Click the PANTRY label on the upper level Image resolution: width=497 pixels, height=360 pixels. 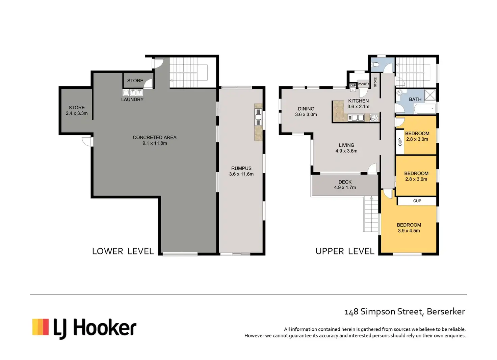[363, 84]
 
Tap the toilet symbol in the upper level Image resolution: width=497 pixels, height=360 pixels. [375, 65]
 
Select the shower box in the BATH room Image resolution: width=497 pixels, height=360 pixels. [430, 95]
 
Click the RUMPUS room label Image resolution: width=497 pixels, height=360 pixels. [241, 168]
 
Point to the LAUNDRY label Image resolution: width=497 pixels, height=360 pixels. [132, 100]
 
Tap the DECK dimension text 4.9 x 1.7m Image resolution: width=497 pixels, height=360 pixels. [345, 188]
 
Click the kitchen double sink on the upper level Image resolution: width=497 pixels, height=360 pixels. [356, 117]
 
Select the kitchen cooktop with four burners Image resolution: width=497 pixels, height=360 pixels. [374, 117]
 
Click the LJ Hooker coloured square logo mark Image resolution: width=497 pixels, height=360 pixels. [41, 327]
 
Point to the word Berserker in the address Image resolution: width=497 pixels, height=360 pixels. [446, 312]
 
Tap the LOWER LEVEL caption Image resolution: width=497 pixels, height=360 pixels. [123, 251]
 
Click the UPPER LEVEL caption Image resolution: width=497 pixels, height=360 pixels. [345, 251]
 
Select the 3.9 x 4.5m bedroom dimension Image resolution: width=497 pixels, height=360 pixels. [409, 231]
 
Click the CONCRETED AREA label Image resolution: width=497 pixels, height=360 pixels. [155, 137]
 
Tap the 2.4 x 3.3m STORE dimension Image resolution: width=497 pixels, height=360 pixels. [77, 113]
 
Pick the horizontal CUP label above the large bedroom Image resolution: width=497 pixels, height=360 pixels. [417, 201]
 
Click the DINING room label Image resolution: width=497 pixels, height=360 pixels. [306, 109]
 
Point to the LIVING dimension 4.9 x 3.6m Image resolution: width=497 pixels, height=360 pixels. [346, 151]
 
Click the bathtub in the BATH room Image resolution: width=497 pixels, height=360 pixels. [425, 109]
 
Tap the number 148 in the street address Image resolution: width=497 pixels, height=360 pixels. [351, 312]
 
